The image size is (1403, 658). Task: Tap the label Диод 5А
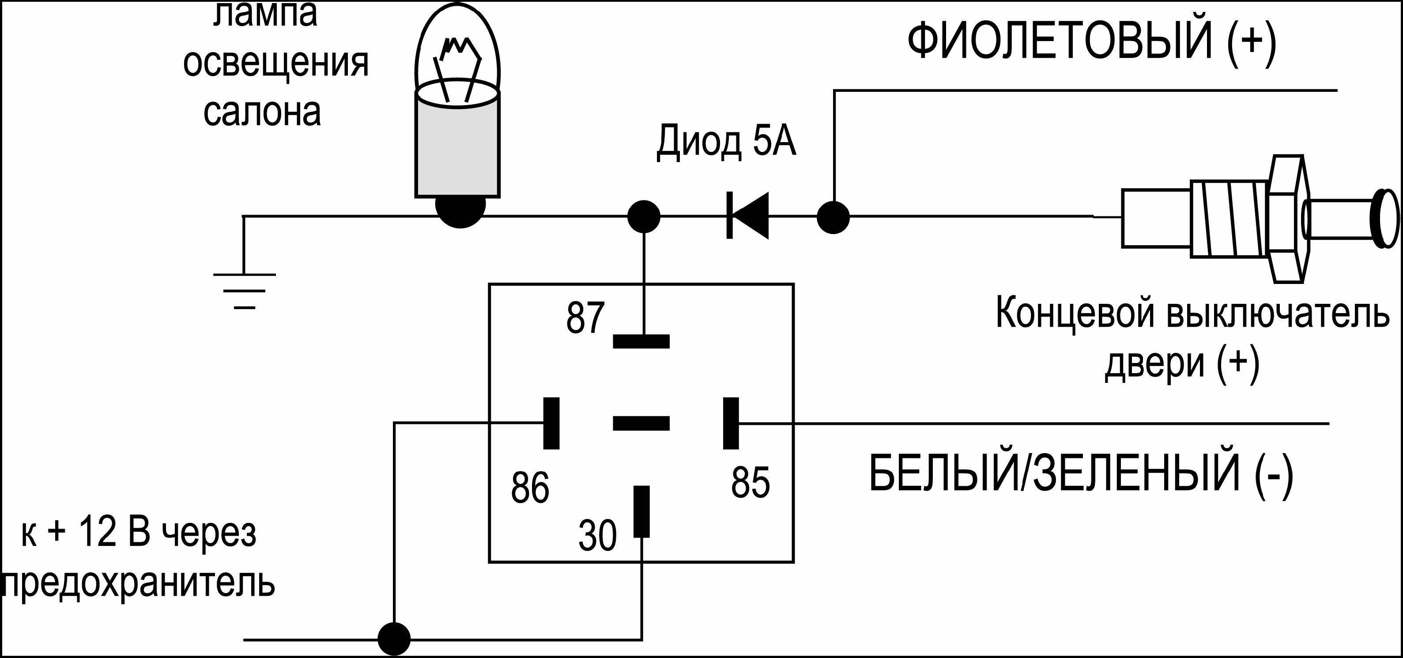726,142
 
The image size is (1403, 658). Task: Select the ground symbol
244,290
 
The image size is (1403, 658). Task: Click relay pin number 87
585,318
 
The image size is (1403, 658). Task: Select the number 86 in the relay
529,487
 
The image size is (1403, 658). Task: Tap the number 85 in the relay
750,482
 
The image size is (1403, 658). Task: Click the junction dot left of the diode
644,216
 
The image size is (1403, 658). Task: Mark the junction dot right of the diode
833,217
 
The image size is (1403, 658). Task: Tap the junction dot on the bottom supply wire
394,639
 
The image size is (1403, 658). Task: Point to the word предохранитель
139,584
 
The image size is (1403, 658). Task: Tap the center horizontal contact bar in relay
641,423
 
